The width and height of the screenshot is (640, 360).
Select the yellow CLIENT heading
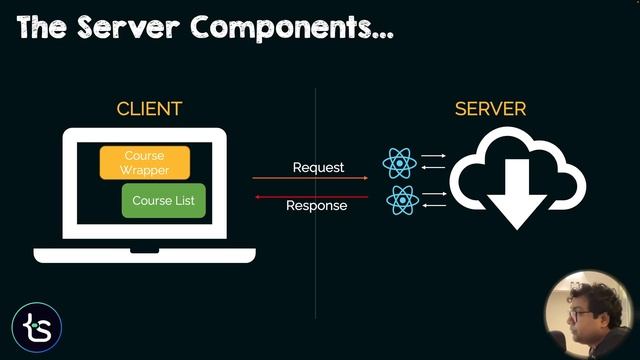coord(149,109)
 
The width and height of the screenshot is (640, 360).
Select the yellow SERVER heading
coord(490,109)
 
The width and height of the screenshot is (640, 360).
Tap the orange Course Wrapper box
coord(144,163)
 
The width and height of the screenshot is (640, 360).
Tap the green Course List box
coord(164,200)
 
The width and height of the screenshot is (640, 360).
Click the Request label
coord(318,167)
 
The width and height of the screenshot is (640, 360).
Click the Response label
coord(316,206)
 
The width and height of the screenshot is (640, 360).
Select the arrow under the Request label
coord(310,179)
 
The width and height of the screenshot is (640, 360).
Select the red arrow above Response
coord(310,196)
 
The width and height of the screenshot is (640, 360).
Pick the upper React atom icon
coord(399,163)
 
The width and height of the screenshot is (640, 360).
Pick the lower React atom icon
coord(401,199)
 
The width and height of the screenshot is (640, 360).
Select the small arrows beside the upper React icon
coord(433,161)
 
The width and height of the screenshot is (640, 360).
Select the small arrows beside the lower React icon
coord(433,198)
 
